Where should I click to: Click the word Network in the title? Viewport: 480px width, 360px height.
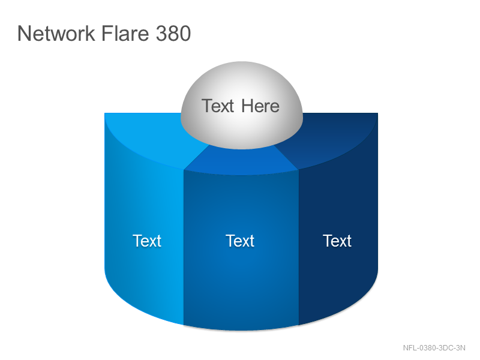(x=56, y=33)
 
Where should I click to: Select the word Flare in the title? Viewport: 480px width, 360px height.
(x=125, y=33)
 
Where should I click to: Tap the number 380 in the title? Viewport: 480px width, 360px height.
(x=173, y=33)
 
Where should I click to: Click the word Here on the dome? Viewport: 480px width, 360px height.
(x=260, y=106)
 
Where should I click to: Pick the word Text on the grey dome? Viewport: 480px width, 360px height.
(x=218, y=106)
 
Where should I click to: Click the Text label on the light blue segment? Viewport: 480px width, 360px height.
(x=147, y=241)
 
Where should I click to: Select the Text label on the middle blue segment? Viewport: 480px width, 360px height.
(x=240, y=241)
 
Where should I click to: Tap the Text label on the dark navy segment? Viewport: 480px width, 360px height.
(x=337, y=241)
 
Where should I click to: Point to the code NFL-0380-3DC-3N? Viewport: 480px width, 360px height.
(x=434, y=348)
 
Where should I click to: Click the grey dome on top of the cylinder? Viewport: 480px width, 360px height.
(x=242, y=106)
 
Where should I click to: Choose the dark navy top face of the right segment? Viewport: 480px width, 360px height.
(x=334, y=138)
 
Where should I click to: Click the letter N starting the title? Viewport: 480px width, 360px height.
(x=24, y=33)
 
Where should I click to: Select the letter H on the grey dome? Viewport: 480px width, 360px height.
(x=247, y=106)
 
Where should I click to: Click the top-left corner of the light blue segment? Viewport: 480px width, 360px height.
(x=104, y=113)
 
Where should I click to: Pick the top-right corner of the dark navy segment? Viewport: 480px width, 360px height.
(x=378, y=113)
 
